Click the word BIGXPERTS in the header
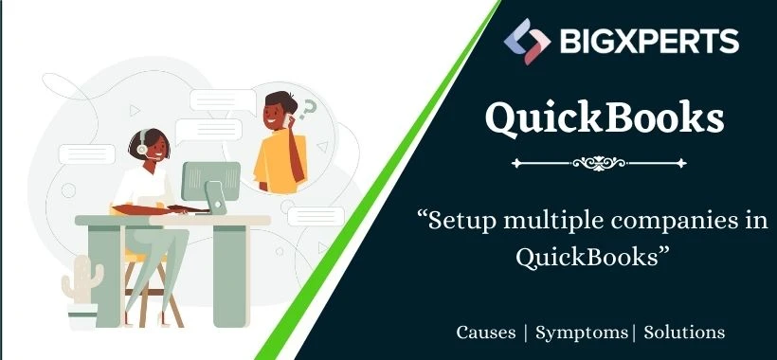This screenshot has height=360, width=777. (x=644, y=42)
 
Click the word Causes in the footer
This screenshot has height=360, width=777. (x=486, y=333)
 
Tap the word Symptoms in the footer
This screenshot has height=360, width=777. (x=581, y=333)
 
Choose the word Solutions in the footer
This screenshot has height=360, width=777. (x=684, y=333)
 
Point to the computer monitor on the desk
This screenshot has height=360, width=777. (x=211, y=179)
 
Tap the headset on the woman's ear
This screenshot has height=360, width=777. (x=141, y=149)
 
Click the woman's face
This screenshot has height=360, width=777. (x=151, y=148)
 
